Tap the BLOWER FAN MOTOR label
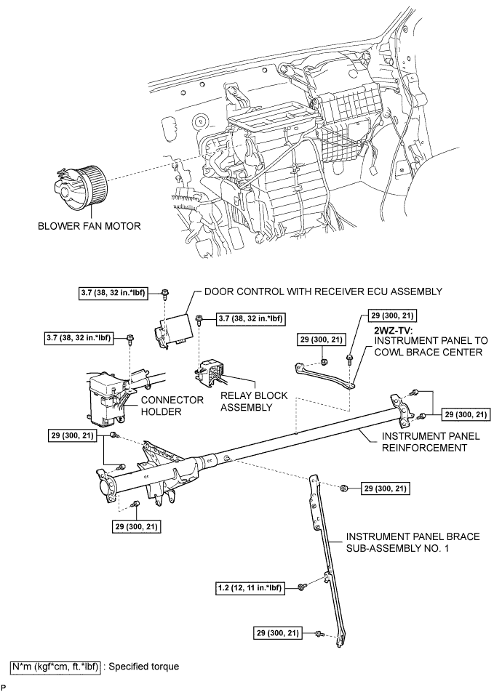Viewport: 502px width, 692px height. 89,225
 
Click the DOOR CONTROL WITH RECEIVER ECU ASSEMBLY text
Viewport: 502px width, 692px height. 324,291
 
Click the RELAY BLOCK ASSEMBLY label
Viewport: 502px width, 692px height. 255,401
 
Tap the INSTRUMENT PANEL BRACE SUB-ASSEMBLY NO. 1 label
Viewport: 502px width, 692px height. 412,542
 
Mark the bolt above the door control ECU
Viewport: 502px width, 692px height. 167,293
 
